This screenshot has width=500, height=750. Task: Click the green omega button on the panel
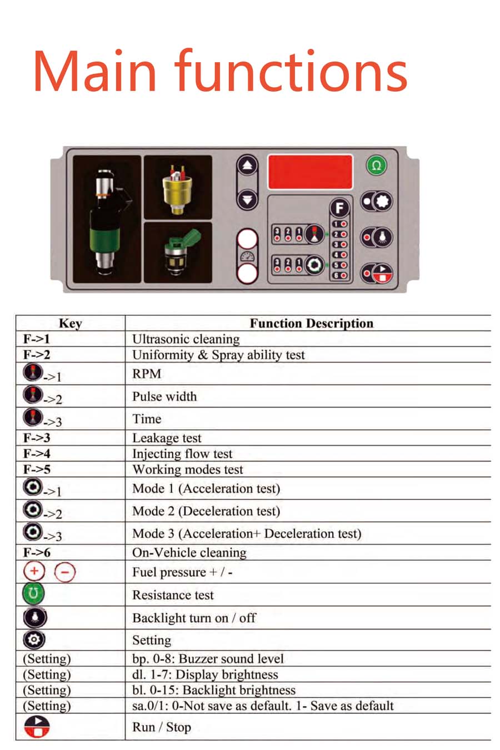376,165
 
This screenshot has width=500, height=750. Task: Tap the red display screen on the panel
310,172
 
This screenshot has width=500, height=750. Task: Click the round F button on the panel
339,208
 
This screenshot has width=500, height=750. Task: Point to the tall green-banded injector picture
107,219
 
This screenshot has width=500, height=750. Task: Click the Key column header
71,324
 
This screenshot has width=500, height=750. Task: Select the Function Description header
312,324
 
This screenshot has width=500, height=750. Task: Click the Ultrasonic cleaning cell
186,339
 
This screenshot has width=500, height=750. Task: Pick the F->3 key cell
37,437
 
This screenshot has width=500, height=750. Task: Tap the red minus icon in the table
64,572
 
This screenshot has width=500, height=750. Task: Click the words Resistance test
173,595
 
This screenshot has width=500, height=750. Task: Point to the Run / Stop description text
162,727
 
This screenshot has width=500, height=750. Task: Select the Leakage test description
167,438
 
